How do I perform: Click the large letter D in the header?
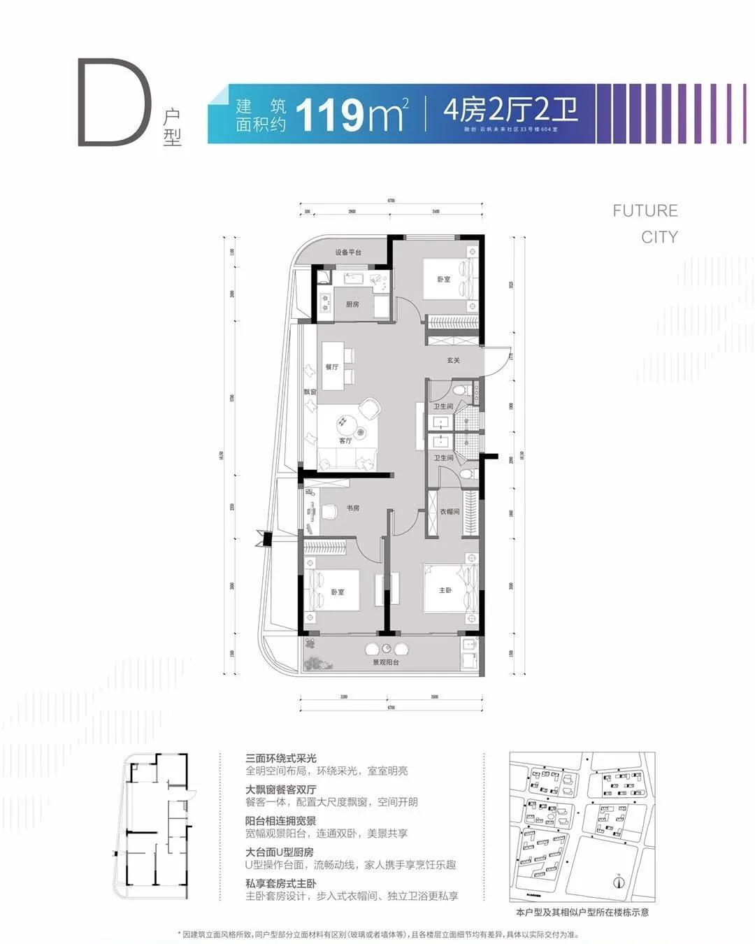click(x=114, y=103)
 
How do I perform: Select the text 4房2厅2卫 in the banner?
click(x=510, y=110)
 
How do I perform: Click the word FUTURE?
click(x=645, y=210)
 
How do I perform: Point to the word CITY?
click(x=659, y=237)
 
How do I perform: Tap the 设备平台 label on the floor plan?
click(x=347, y=252)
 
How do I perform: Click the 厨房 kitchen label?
click(x=352, y=305)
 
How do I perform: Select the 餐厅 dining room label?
click(x=331, y=366)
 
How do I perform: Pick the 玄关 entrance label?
click(x=454, y=361)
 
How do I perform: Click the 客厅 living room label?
click(x=345, y=441)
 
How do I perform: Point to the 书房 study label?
click(x=352, y=508)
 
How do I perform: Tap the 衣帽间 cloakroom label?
click(x=450, y=512)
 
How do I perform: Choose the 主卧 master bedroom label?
click(x=445, y=590)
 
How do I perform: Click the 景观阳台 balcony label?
click(x=385, y=661)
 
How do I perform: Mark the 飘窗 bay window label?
click(x=310, y=392)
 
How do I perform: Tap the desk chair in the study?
click(x=329, y=512)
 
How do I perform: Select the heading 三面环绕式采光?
click(x=281, y=758)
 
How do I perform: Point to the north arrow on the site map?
click(x=618, y=882)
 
